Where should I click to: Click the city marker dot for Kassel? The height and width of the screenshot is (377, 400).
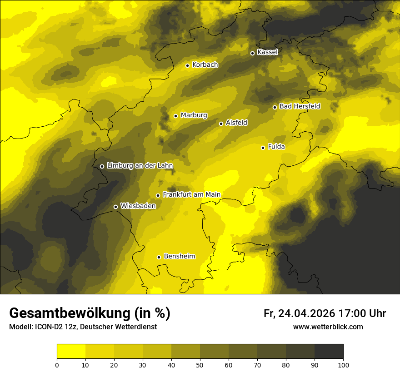point(252,53)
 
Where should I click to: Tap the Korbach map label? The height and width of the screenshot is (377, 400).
point(205,65)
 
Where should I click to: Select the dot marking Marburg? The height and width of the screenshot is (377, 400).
point(175,116)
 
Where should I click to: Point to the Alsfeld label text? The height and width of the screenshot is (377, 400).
point(236,123)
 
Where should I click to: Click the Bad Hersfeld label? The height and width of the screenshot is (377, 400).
point(300,106)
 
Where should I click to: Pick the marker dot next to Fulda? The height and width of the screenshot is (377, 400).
point(263,148)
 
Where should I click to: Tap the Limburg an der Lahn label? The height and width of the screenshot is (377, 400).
point(140,166)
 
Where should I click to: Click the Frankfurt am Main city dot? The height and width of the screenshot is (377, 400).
point(158,195)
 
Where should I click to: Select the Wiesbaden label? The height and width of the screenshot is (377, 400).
point(138,206)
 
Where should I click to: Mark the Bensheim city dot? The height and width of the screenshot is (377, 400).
point(159,257)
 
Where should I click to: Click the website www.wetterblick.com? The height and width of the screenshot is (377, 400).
point(328,327)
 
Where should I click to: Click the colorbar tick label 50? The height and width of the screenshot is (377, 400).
point(200,365)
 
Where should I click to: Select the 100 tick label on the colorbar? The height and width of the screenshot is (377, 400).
point(343,365)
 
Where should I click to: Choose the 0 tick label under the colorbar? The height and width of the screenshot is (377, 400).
point(57,365)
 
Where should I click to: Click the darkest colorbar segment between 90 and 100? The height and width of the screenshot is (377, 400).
point(329,352)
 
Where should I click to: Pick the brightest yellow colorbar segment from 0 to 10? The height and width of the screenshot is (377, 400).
point(71,352)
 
